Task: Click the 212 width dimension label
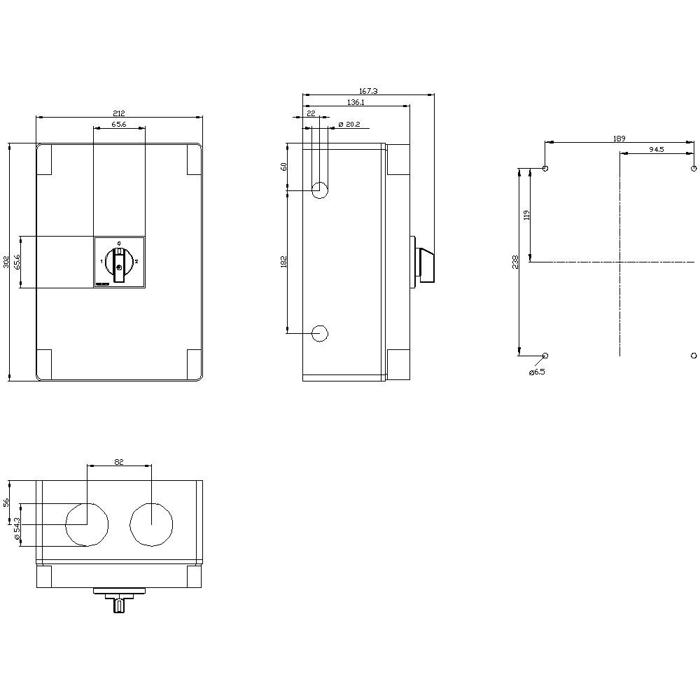(x=119, y=113)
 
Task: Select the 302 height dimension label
(x=6, y=262)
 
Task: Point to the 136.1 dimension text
(x=356, y=102)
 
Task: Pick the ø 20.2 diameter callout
(x=349, y=124)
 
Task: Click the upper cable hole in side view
(x=320, y=188)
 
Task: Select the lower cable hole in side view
(x=320, y=333)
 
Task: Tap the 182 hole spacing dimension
(x=283, y=261)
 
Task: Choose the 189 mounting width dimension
(x=619, y=139)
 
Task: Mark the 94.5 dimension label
(x=657, y=149)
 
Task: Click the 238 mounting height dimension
(x=515, y=261)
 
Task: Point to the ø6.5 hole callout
(x=536, y=372)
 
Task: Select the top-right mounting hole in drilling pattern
(x=693, y=169)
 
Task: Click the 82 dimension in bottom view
(x=118, y=461)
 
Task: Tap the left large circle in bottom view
(x=87, y=524)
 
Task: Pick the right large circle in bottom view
(x=151, y=524)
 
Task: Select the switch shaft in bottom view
(x=120, y=604)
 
